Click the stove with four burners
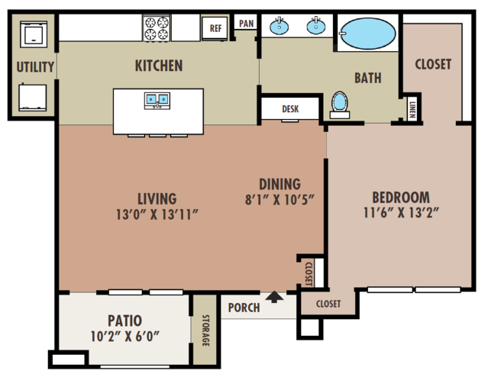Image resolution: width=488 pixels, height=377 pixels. pos(157,28)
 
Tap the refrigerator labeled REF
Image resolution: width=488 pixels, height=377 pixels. pos(215,28)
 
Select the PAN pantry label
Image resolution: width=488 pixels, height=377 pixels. pos(246,24)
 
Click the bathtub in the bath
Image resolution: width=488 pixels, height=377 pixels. pos(368,34)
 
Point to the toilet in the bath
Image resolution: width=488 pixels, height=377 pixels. pos(340,105)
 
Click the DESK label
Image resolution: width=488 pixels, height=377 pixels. pos(290,109)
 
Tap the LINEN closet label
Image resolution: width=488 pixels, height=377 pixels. pos(412,110)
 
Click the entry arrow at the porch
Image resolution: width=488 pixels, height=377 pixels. pos(274,297)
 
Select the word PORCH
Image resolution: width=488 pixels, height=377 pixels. pos(244,308)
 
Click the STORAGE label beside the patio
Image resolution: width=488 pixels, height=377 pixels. pos(205,330)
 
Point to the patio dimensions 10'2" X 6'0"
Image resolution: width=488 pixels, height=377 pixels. pos(125,337)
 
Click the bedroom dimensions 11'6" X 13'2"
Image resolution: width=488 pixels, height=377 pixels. pos(401,213)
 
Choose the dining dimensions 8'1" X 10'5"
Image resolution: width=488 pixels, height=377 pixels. pos(280,199)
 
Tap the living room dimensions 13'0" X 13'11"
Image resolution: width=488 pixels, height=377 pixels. pos(157,214)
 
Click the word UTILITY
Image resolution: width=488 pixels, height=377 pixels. pos(35,67)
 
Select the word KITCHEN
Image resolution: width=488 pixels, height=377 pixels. pos(159,66)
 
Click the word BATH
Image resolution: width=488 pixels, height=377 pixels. pos(368,78)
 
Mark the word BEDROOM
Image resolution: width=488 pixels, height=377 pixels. pos(401,197)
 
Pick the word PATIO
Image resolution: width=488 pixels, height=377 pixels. pos(124,321)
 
